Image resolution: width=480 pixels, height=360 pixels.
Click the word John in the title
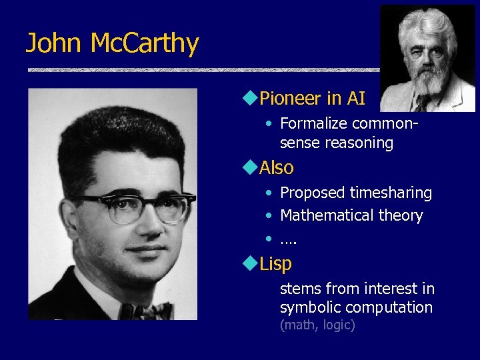pos(54,44)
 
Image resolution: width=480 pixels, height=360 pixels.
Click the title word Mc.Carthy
pos(144,44)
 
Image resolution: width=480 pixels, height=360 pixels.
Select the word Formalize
pos(313,124)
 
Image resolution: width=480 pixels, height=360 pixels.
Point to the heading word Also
pos(276,167)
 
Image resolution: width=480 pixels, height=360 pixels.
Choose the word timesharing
pos(391,193)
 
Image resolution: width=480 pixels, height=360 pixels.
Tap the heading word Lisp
pos(275,264)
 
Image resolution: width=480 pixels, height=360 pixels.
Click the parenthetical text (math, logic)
pos(317,325)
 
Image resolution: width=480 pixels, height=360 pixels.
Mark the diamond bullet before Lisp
pos(250,263)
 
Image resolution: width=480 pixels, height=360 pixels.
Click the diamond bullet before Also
pos(250,167)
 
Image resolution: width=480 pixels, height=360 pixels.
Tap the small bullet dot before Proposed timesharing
pos(267,194)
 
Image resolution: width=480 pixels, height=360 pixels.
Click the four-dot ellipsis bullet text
pos(288,239)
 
